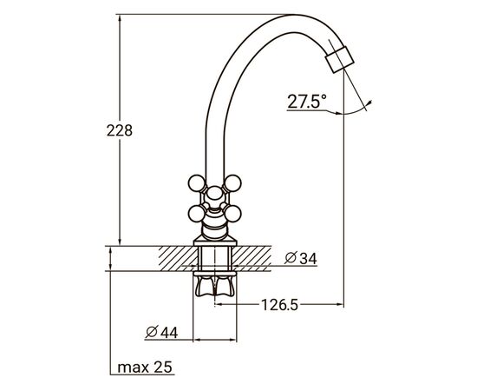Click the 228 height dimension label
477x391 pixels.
(x=120, y=130)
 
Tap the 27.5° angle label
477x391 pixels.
(x=307, y=102)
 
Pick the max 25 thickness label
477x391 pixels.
(x=144, y=368)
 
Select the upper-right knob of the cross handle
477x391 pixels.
(x=234, y=183)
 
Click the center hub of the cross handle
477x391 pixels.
(x=215, y=197)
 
